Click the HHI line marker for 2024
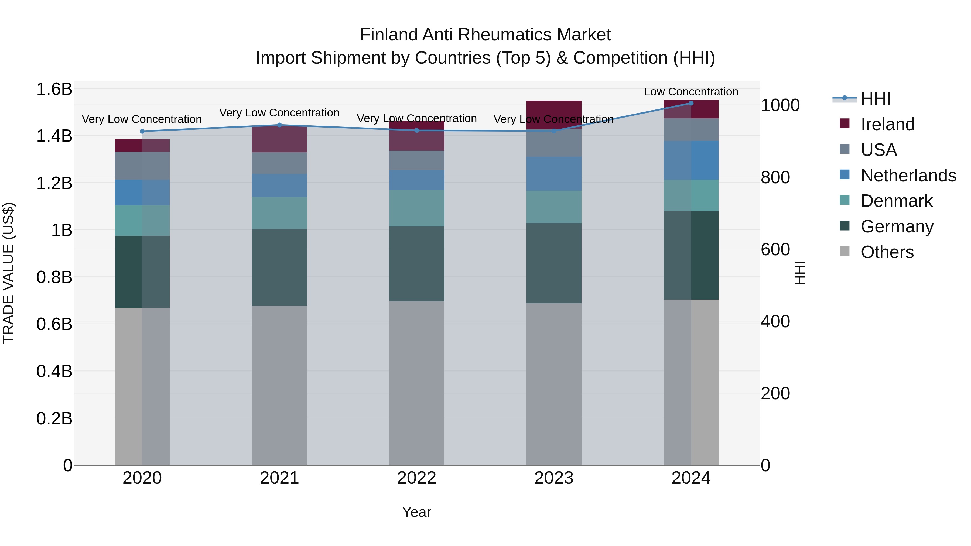[x=691, y=103]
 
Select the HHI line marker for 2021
[x=279, y=125]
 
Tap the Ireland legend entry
[x=887, y=124]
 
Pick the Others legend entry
[x=887, y=252]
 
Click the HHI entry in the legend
[x=876, y=99]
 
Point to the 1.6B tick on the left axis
[x=54, y=89]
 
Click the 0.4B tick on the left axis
[x=54, y=371]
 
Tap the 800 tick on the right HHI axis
[x=775, y=177]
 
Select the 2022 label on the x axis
[x=416, y=478]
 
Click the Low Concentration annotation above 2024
[x=691, y=92]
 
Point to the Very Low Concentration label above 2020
[x=142, y=119]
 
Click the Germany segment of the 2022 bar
[x=416, y=264]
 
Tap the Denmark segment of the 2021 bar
[x=279, y=213]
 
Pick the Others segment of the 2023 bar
[x=554, y=384]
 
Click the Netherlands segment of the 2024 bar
[x=691, y=160]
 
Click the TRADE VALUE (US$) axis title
[x=8, y=273]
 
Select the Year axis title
[x=416, y=512]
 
